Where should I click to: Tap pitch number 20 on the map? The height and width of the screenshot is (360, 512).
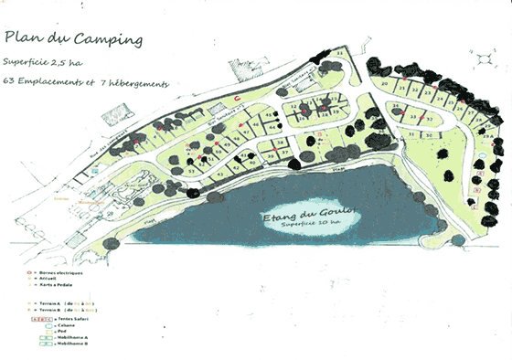(x=385, y=84)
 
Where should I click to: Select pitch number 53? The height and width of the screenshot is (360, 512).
(x=192, y=170)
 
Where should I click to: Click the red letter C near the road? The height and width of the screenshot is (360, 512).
(x=237, y=97)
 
